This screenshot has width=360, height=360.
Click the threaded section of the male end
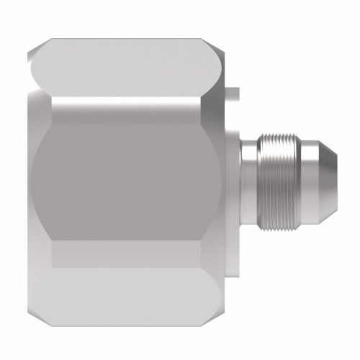click(279, 181)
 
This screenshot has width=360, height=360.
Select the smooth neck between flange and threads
click(248, 181)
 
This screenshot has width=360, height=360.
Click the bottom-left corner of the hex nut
click(36, 317)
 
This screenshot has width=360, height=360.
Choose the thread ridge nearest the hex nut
click(260, 181)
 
